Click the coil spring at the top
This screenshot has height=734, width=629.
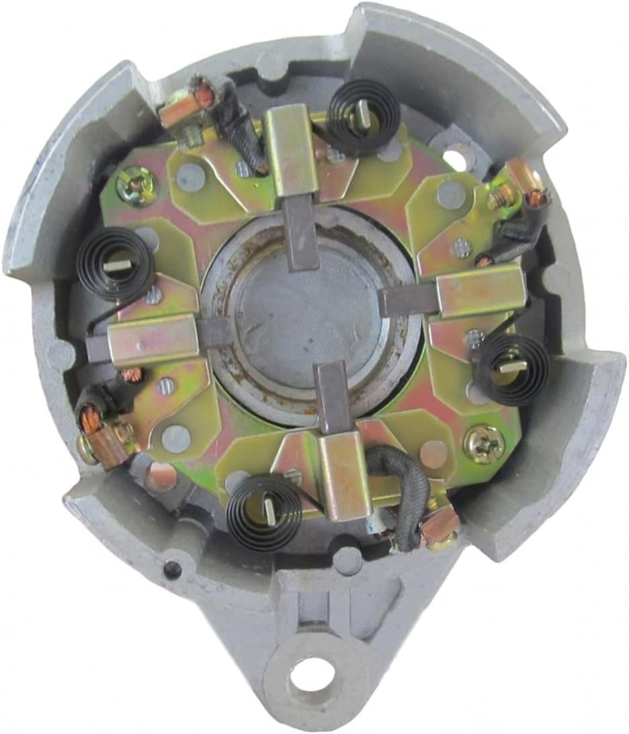click(363, 119)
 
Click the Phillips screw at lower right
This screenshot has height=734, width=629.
click(483, 442)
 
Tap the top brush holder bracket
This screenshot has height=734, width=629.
click(290, 152)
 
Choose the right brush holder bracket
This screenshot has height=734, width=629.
click(480, 290)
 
